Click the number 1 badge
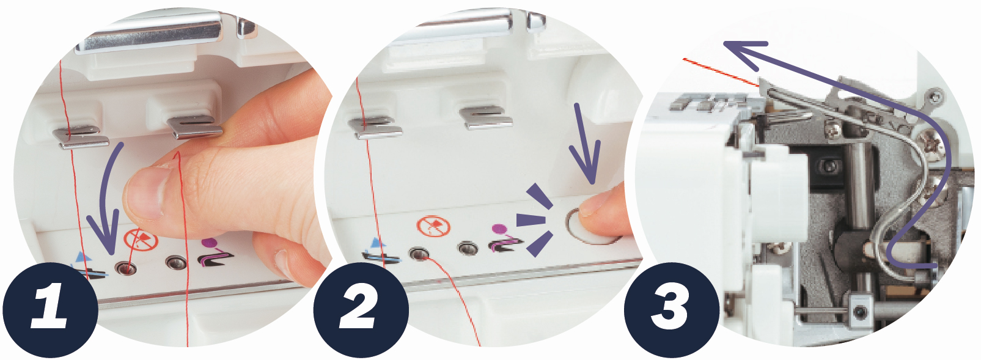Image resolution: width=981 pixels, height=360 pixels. pyautogui.click(x=50, y=310)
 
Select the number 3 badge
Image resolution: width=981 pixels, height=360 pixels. pyautogui.click(x=671, y=310)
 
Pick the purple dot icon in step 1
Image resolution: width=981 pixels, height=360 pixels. pyautogui.click(x=209, y=242)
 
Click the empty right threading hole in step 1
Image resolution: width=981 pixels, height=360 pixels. pyautogui.click(x=176, y=263)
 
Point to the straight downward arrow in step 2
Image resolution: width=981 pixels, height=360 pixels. pyautogui.click(x=584, y=144)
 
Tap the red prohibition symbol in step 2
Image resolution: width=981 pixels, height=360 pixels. pyautogui.click(x=433, y=226)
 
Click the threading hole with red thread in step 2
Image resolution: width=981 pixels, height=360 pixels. pyautogui.click(x=419, y=253)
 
